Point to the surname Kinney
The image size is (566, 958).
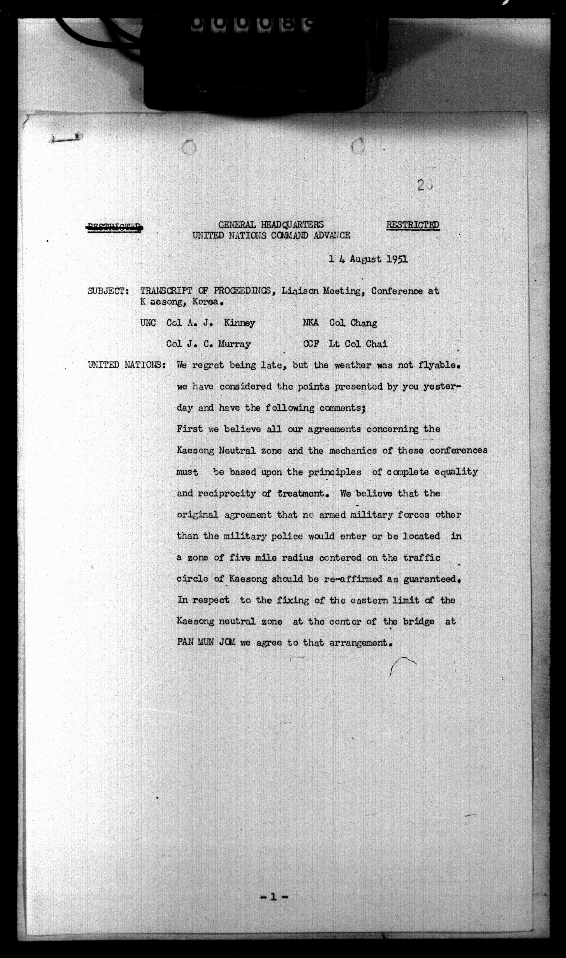pos(239,323)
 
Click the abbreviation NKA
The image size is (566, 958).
pos(311,323)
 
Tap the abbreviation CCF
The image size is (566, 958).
pos(311,344)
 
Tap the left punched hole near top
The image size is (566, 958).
pos(189,147)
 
